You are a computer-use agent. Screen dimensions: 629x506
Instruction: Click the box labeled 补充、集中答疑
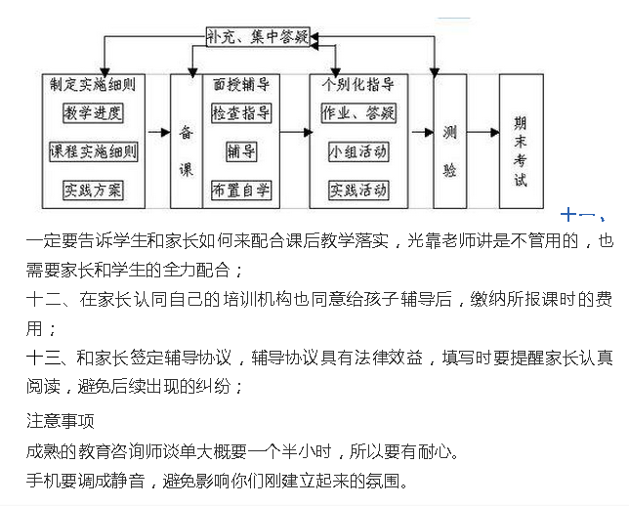(258, 37)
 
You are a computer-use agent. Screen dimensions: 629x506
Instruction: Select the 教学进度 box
(93, 112)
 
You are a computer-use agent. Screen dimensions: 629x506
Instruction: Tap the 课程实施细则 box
(94, 151)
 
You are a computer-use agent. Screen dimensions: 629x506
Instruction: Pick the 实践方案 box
(93, 190)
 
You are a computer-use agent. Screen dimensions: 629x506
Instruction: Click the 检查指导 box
(241, 112)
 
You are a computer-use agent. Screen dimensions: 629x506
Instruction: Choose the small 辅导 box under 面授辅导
(241, 151)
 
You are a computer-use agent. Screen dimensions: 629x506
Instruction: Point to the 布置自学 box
(241, 190)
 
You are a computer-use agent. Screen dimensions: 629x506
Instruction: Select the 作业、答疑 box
(358, 112)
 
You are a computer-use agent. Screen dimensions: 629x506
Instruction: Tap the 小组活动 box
(358, 151)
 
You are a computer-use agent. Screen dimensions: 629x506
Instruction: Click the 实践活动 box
(358, 190)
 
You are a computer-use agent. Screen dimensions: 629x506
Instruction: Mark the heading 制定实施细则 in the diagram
(93, 85)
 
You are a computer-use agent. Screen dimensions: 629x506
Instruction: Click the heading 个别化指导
(358, 85)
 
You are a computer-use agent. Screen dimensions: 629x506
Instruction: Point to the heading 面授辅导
(241, 85)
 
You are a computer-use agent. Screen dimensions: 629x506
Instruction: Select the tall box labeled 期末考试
(522, 142)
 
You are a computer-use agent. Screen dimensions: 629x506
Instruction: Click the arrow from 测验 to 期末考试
(482, 132)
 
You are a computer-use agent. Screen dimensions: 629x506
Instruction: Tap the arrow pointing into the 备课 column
(159, 132)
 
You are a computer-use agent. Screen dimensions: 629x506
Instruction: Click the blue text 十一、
(582, 215)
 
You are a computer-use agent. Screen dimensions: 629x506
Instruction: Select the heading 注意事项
(61, 421)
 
